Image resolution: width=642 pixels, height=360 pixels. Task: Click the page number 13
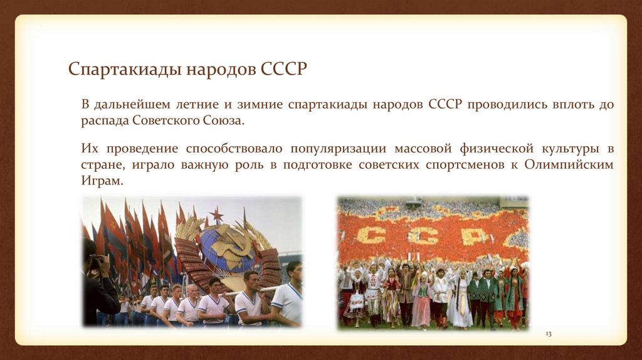click(547, 334)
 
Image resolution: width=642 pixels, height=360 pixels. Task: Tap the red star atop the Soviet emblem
click(216, 215)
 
